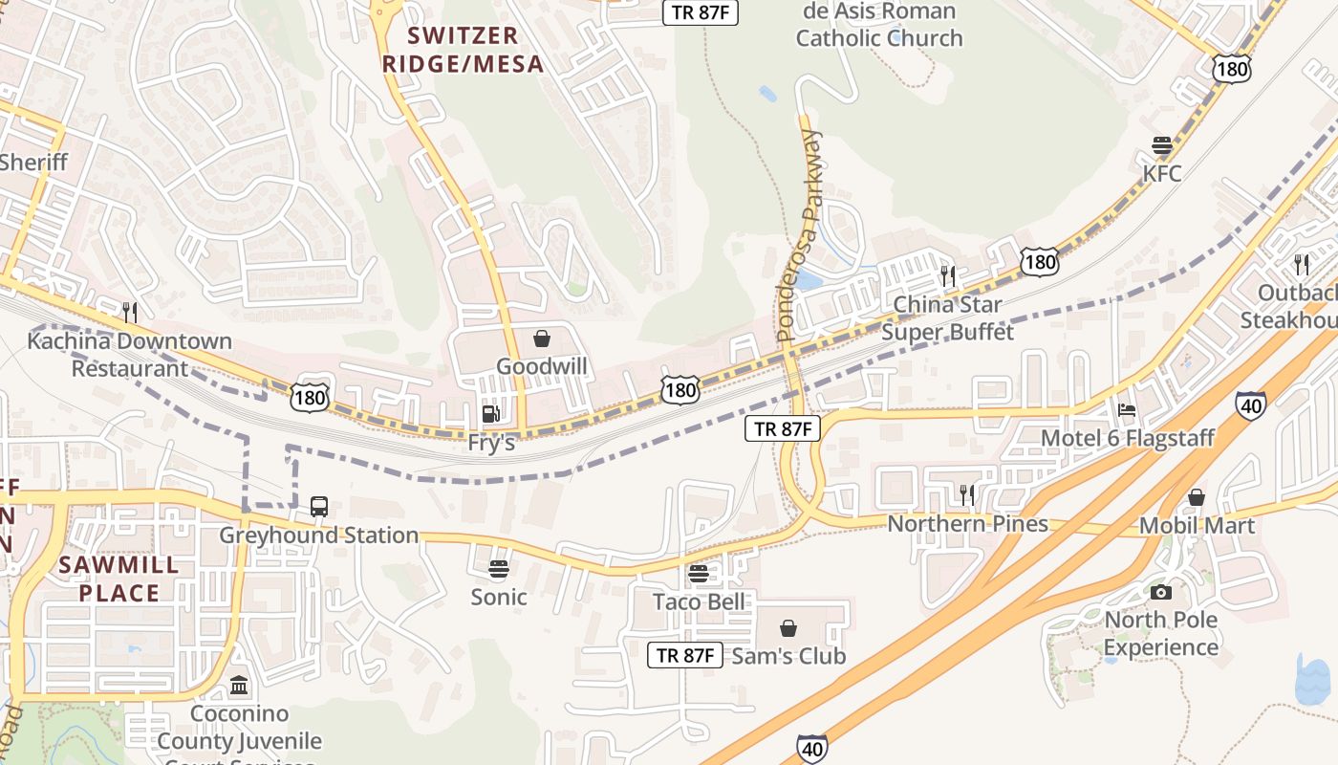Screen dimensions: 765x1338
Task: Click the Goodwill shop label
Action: click(541, 366)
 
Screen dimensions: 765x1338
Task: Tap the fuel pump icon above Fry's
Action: click(490, 414)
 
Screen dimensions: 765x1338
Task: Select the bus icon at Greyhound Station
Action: click(319, 506)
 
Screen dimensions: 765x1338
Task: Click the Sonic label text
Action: click(498, 598)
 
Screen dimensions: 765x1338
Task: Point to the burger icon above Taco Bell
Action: click(699, 574)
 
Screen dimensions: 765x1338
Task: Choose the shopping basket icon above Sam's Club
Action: click(788, 628)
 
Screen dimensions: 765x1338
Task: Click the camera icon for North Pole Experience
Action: click(1161, 592)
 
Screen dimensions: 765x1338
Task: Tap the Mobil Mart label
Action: click(1197, 525)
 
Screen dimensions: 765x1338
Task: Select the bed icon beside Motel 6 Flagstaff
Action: click(1127, 410)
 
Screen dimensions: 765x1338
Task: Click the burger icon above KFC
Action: click(1162, 146)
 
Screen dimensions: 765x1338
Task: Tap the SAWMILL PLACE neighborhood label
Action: click(119, 579)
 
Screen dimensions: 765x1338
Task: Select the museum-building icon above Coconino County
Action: click(239, 686)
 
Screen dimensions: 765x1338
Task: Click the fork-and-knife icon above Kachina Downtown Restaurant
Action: click(130, 312)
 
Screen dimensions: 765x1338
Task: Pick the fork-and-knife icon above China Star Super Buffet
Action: click(947, 276)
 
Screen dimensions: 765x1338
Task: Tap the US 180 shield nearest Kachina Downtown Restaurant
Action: click(311, 397)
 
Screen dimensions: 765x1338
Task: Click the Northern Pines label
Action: click(967, 524)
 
